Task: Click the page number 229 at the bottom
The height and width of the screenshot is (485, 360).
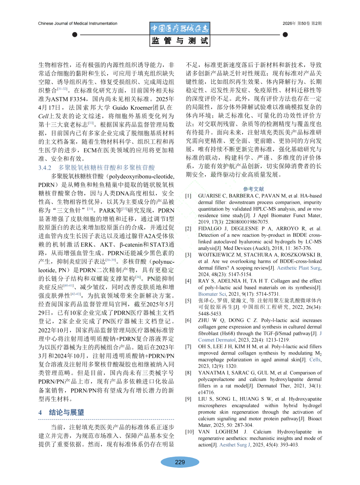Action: (180, 462)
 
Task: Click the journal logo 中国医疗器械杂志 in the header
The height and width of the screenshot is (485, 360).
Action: (180, 28)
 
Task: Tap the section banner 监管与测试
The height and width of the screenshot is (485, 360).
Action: (180, 41)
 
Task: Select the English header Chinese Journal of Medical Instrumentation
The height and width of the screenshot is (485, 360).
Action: (78, 23)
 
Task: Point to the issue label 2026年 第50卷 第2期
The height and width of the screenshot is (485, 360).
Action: (302, 23)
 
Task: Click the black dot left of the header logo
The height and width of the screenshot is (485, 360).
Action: (75, 35)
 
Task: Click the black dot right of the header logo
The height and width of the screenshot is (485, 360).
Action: (285, 35)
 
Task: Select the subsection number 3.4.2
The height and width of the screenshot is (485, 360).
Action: (45, 168)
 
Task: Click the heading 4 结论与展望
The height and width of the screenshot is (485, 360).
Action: (61, 412)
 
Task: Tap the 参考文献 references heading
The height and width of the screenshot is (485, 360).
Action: (253, 189)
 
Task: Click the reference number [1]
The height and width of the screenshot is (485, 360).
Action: (188, 196)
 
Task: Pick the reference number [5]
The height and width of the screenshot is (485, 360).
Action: (188, 301)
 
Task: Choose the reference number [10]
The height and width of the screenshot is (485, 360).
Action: (189, 432)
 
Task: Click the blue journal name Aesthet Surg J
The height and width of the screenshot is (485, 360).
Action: (235, 445)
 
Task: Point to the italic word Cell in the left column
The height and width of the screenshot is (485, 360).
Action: (43, 116)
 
